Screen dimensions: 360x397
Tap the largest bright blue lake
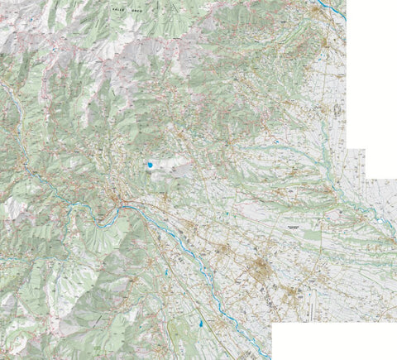coord(150,166)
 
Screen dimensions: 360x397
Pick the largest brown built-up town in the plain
coord(259,266)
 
